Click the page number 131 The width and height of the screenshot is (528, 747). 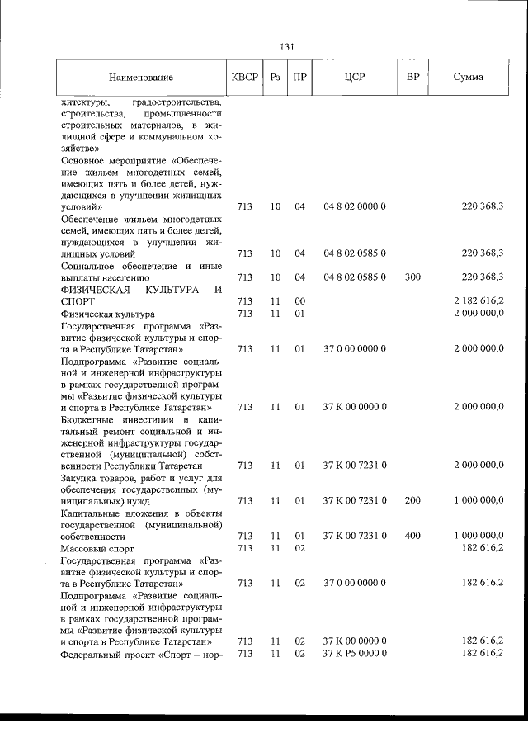coord(287,47)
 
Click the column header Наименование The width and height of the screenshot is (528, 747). coord(140,78)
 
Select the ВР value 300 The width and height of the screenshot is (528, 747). coord(412,277)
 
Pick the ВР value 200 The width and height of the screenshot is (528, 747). coord(412,500)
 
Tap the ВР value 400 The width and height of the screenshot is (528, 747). coord(412,535)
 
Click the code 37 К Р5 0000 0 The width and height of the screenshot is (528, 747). coord(355,653)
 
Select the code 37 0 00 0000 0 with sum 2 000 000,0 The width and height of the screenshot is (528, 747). coord(355,349)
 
